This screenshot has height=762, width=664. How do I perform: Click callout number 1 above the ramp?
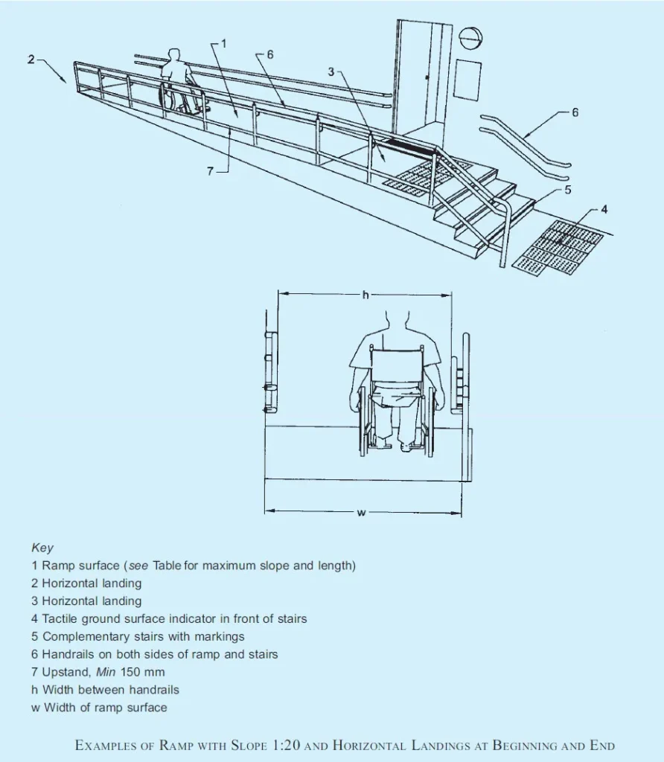click(x=224, y=44)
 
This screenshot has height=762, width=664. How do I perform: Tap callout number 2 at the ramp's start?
click(x=31, y=60)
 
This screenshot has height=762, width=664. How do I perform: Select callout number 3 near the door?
click(x=331, y=72)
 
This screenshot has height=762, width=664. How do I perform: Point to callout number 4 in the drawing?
click(x=604, y=210)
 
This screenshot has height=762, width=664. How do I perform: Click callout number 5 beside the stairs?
click(x=567, y=190)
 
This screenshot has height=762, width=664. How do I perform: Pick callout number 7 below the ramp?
click(x=211, y=171)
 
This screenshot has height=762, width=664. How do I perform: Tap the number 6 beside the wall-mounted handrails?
click(x=575, y=113)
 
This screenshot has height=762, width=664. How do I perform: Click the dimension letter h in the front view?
click(x=365, y=295)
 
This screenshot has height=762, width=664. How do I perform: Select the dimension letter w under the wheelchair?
click(x=360, y=513)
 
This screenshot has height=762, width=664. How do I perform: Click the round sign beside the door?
click(x=471, y=38)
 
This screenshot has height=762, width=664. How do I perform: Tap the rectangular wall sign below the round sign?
click(x=467, y=80)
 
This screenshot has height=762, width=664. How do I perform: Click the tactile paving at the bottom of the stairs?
click(x=559, y=246)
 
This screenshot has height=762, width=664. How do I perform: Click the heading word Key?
click(x=42, y=548)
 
